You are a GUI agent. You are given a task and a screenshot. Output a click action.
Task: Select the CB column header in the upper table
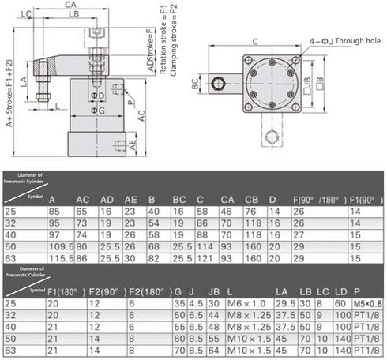[252, 198]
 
